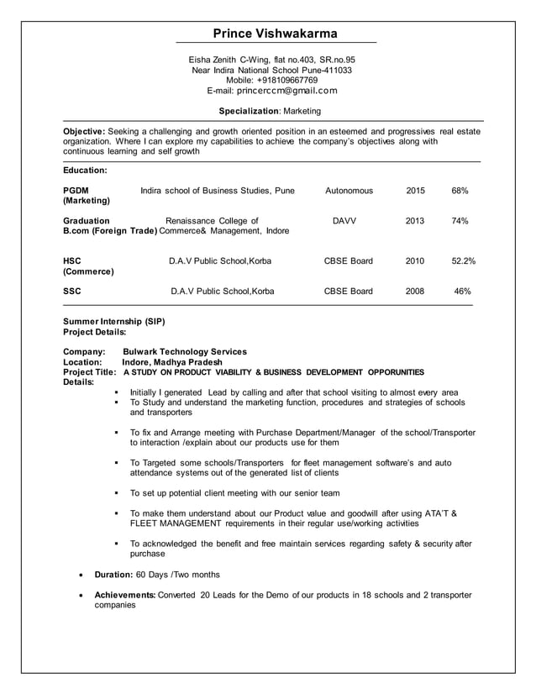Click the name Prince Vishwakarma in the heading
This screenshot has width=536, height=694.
(x=275, y=34)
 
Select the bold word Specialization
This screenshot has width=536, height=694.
(x=248, y=111)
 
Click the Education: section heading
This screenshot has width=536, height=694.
(x=85, y=171)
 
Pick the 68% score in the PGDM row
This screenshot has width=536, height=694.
(x=460, y=191)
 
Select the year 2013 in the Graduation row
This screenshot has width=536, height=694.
(x=415, y=221)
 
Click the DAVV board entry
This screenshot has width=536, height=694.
(x=344, y=221)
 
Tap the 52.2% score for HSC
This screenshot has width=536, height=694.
(x=463, y=261)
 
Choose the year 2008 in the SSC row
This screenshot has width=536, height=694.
(x=415, y=292)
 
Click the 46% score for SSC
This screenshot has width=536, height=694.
(x=462, y=292)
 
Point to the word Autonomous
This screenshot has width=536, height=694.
(x=349, y=191)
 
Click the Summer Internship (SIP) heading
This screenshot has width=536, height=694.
(x=114, y=322)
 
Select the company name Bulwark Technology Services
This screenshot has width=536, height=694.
(x=185, y=352)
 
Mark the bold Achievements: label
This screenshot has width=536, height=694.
(x=124, y=595)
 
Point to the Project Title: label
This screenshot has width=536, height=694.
(x=90, y=372)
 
